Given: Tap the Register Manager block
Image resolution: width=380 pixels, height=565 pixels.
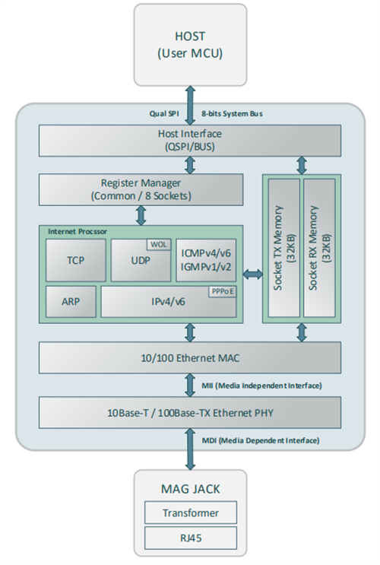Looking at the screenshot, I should [141, 189].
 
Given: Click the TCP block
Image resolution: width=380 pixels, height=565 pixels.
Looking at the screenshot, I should [74, 259].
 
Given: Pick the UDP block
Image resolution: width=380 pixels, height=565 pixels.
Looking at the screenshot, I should [141, 259].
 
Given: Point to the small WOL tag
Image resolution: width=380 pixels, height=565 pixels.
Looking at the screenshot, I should [159, 245].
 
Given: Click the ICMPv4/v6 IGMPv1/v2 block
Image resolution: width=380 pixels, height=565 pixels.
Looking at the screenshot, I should [206, 259].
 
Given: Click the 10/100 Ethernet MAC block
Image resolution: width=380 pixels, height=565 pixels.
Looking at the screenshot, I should [189, 357].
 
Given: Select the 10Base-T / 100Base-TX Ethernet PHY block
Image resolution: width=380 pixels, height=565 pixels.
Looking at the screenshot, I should [189, 412].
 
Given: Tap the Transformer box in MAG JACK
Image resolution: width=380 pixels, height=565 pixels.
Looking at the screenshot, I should [189, 513].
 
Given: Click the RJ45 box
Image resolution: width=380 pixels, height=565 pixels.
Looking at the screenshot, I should [189, 539].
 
